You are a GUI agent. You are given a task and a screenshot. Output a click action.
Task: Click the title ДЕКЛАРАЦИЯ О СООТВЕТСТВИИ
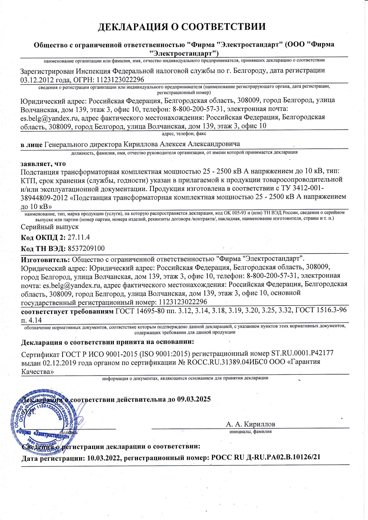(x=182, y=27)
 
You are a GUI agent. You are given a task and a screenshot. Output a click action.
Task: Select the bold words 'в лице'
(x=31, y=144)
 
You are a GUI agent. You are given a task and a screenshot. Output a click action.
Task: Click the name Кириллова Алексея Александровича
(x=181, y=144)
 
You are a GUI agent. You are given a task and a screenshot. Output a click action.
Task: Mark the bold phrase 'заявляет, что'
(x=43, y=164)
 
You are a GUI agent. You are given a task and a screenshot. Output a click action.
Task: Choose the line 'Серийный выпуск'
(x=50, y=227)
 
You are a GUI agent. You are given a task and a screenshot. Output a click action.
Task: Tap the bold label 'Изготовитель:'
(x=45, y=259)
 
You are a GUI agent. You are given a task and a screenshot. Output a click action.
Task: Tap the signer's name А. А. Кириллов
(x=250, y=424)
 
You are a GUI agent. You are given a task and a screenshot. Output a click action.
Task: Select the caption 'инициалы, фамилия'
(x=250, y=432)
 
